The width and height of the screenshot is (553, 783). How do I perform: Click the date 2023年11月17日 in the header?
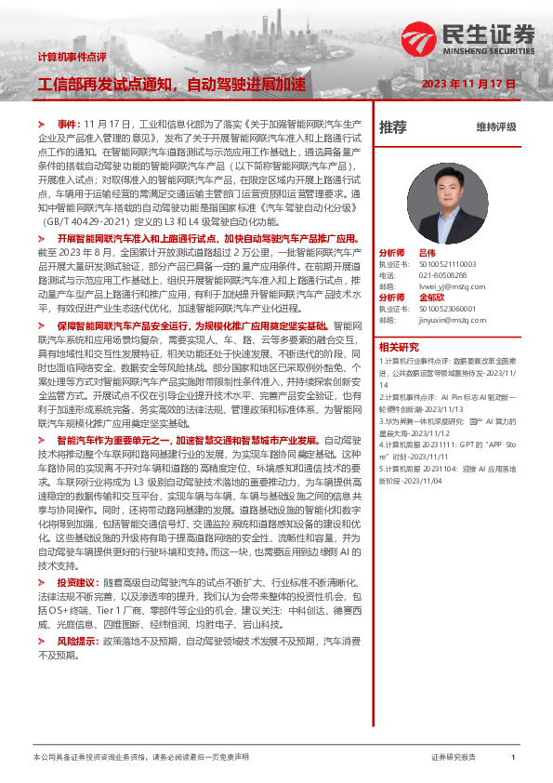(468, 84)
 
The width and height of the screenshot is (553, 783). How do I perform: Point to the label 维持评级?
(495, 126)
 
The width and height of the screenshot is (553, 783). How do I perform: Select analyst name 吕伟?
(427, 252)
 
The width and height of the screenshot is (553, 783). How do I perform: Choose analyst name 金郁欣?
(429, 298)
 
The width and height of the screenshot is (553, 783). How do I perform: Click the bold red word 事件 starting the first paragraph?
(69, 124)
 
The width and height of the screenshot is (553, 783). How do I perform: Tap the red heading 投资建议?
(78, 582)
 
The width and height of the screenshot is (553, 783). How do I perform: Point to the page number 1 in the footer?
(513, 758)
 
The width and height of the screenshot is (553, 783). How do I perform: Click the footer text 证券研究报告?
(454, 758)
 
